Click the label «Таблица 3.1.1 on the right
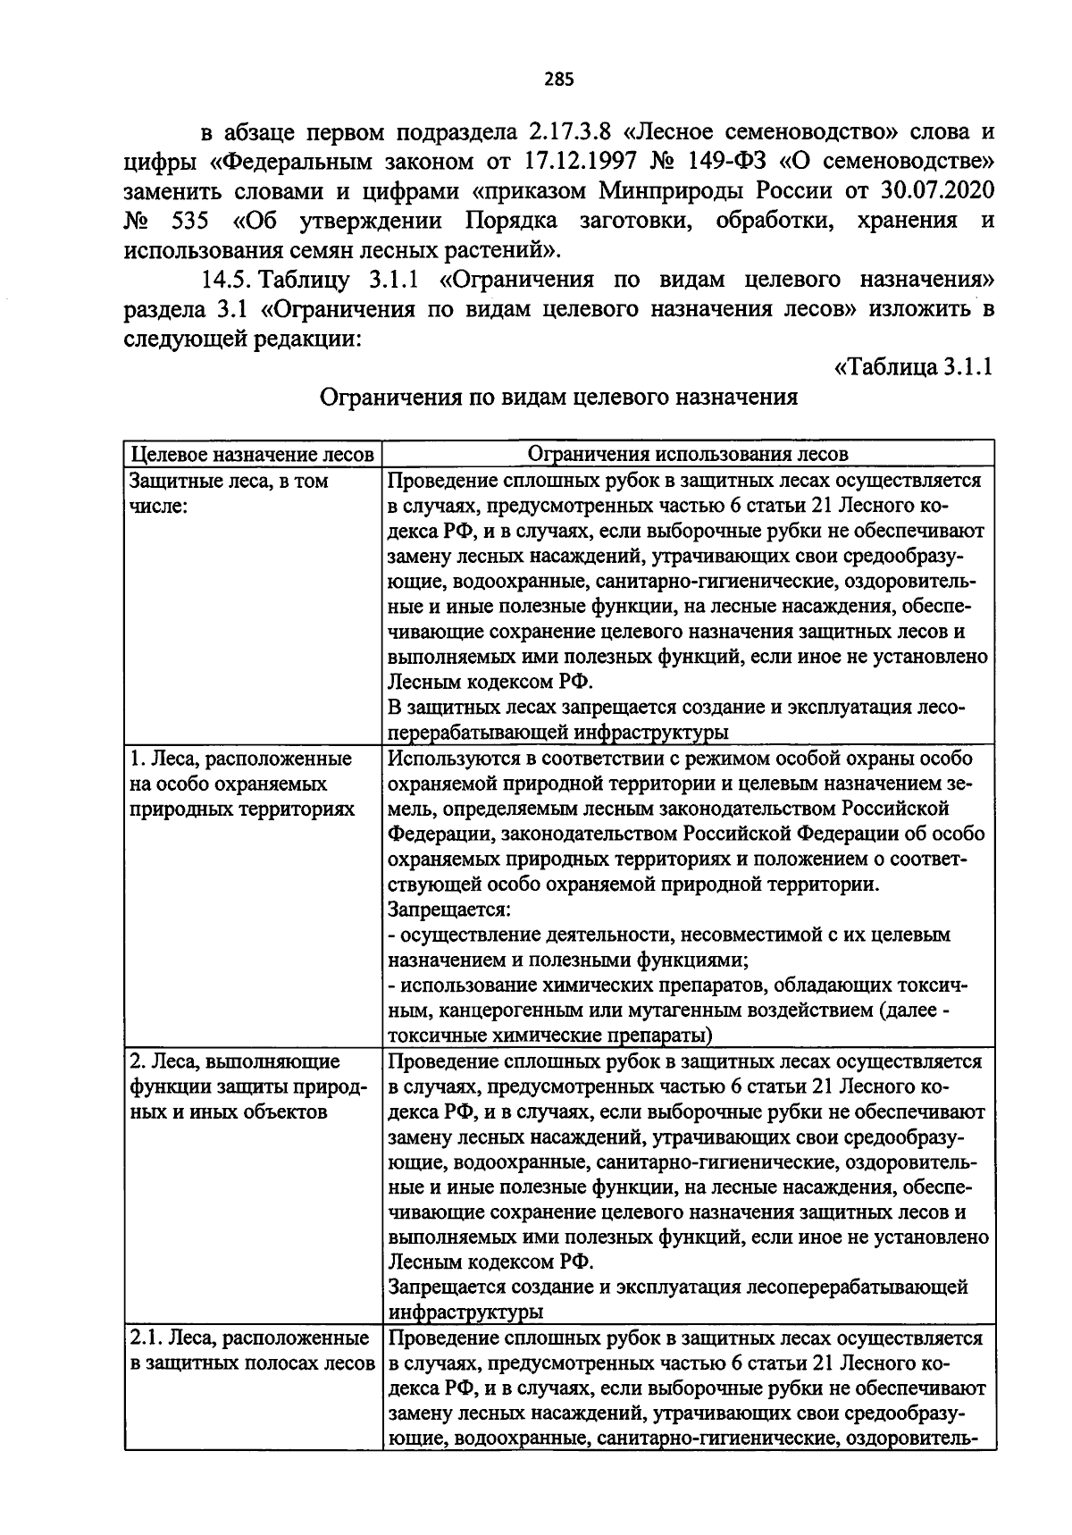click(913, 367)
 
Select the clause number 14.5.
click(230, 280)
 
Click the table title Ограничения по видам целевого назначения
click(558, 397)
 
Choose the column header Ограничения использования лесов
click(688, 454)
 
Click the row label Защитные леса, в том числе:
click(229, 493)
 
